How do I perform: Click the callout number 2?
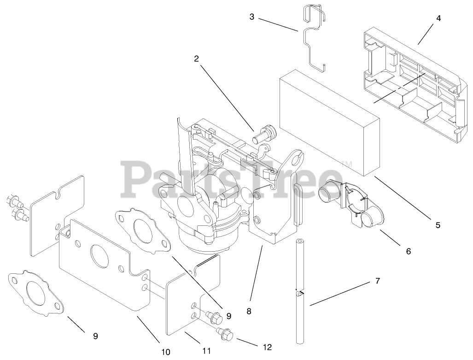coord(196,59)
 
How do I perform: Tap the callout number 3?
coord(252,17)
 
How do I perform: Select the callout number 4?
coord(438,18)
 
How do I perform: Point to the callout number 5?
coord(438,225)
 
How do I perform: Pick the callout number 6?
coord(408,251)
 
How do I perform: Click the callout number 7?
coord(378,281)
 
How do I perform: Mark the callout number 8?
coord(249,311)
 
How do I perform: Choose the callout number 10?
coord(166,352)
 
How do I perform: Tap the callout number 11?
coord(206,351)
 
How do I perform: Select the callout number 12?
coord(267,347)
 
